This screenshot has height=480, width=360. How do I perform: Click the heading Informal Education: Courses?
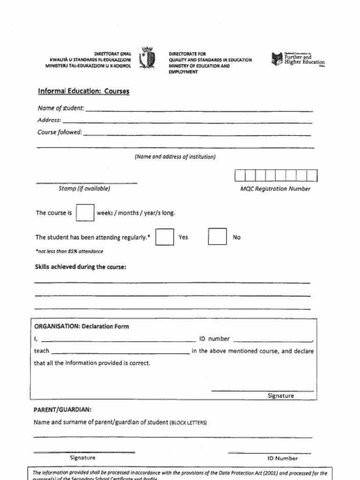(x=83, y=91)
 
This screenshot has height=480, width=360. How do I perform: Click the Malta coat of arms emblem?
(x=148, y=59)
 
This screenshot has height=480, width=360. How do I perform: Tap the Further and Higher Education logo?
(x=298, y=60)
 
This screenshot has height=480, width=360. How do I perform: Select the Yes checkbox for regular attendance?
(x=164, y=237)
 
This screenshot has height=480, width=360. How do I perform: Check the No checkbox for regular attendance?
(x=217, y=237)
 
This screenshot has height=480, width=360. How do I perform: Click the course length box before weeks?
(x=85, y=213)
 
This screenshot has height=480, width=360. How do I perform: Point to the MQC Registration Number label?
(x=275, y=189)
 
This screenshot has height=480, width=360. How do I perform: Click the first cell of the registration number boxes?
(x=240, y=176)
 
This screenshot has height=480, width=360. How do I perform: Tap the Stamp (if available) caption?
(x=84, y=188)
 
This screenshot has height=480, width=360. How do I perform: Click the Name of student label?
(x=60, y=108)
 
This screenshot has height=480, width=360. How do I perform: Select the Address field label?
(x=49, y=120)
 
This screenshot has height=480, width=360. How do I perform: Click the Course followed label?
(x=60, y=132)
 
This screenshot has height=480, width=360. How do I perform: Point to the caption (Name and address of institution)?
(x=175, y=157)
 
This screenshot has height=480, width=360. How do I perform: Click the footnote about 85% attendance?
(x=69, y=251)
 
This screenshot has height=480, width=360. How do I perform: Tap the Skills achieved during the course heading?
(x=81, y=267)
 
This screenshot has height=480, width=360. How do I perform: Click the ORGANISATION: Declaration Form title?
(x=81, y=327)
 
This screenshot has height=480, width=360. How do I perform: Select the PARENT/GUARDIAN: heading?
(x=62, y=410)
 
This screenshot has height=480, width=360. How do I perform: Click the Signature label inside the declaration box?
(x=280, y=396)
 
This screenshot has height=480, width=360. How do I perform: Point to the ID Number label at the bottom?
(x=282, y=458)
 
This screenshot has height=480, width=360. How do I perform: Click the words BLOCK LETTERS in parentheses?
(x=188, y=423)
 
